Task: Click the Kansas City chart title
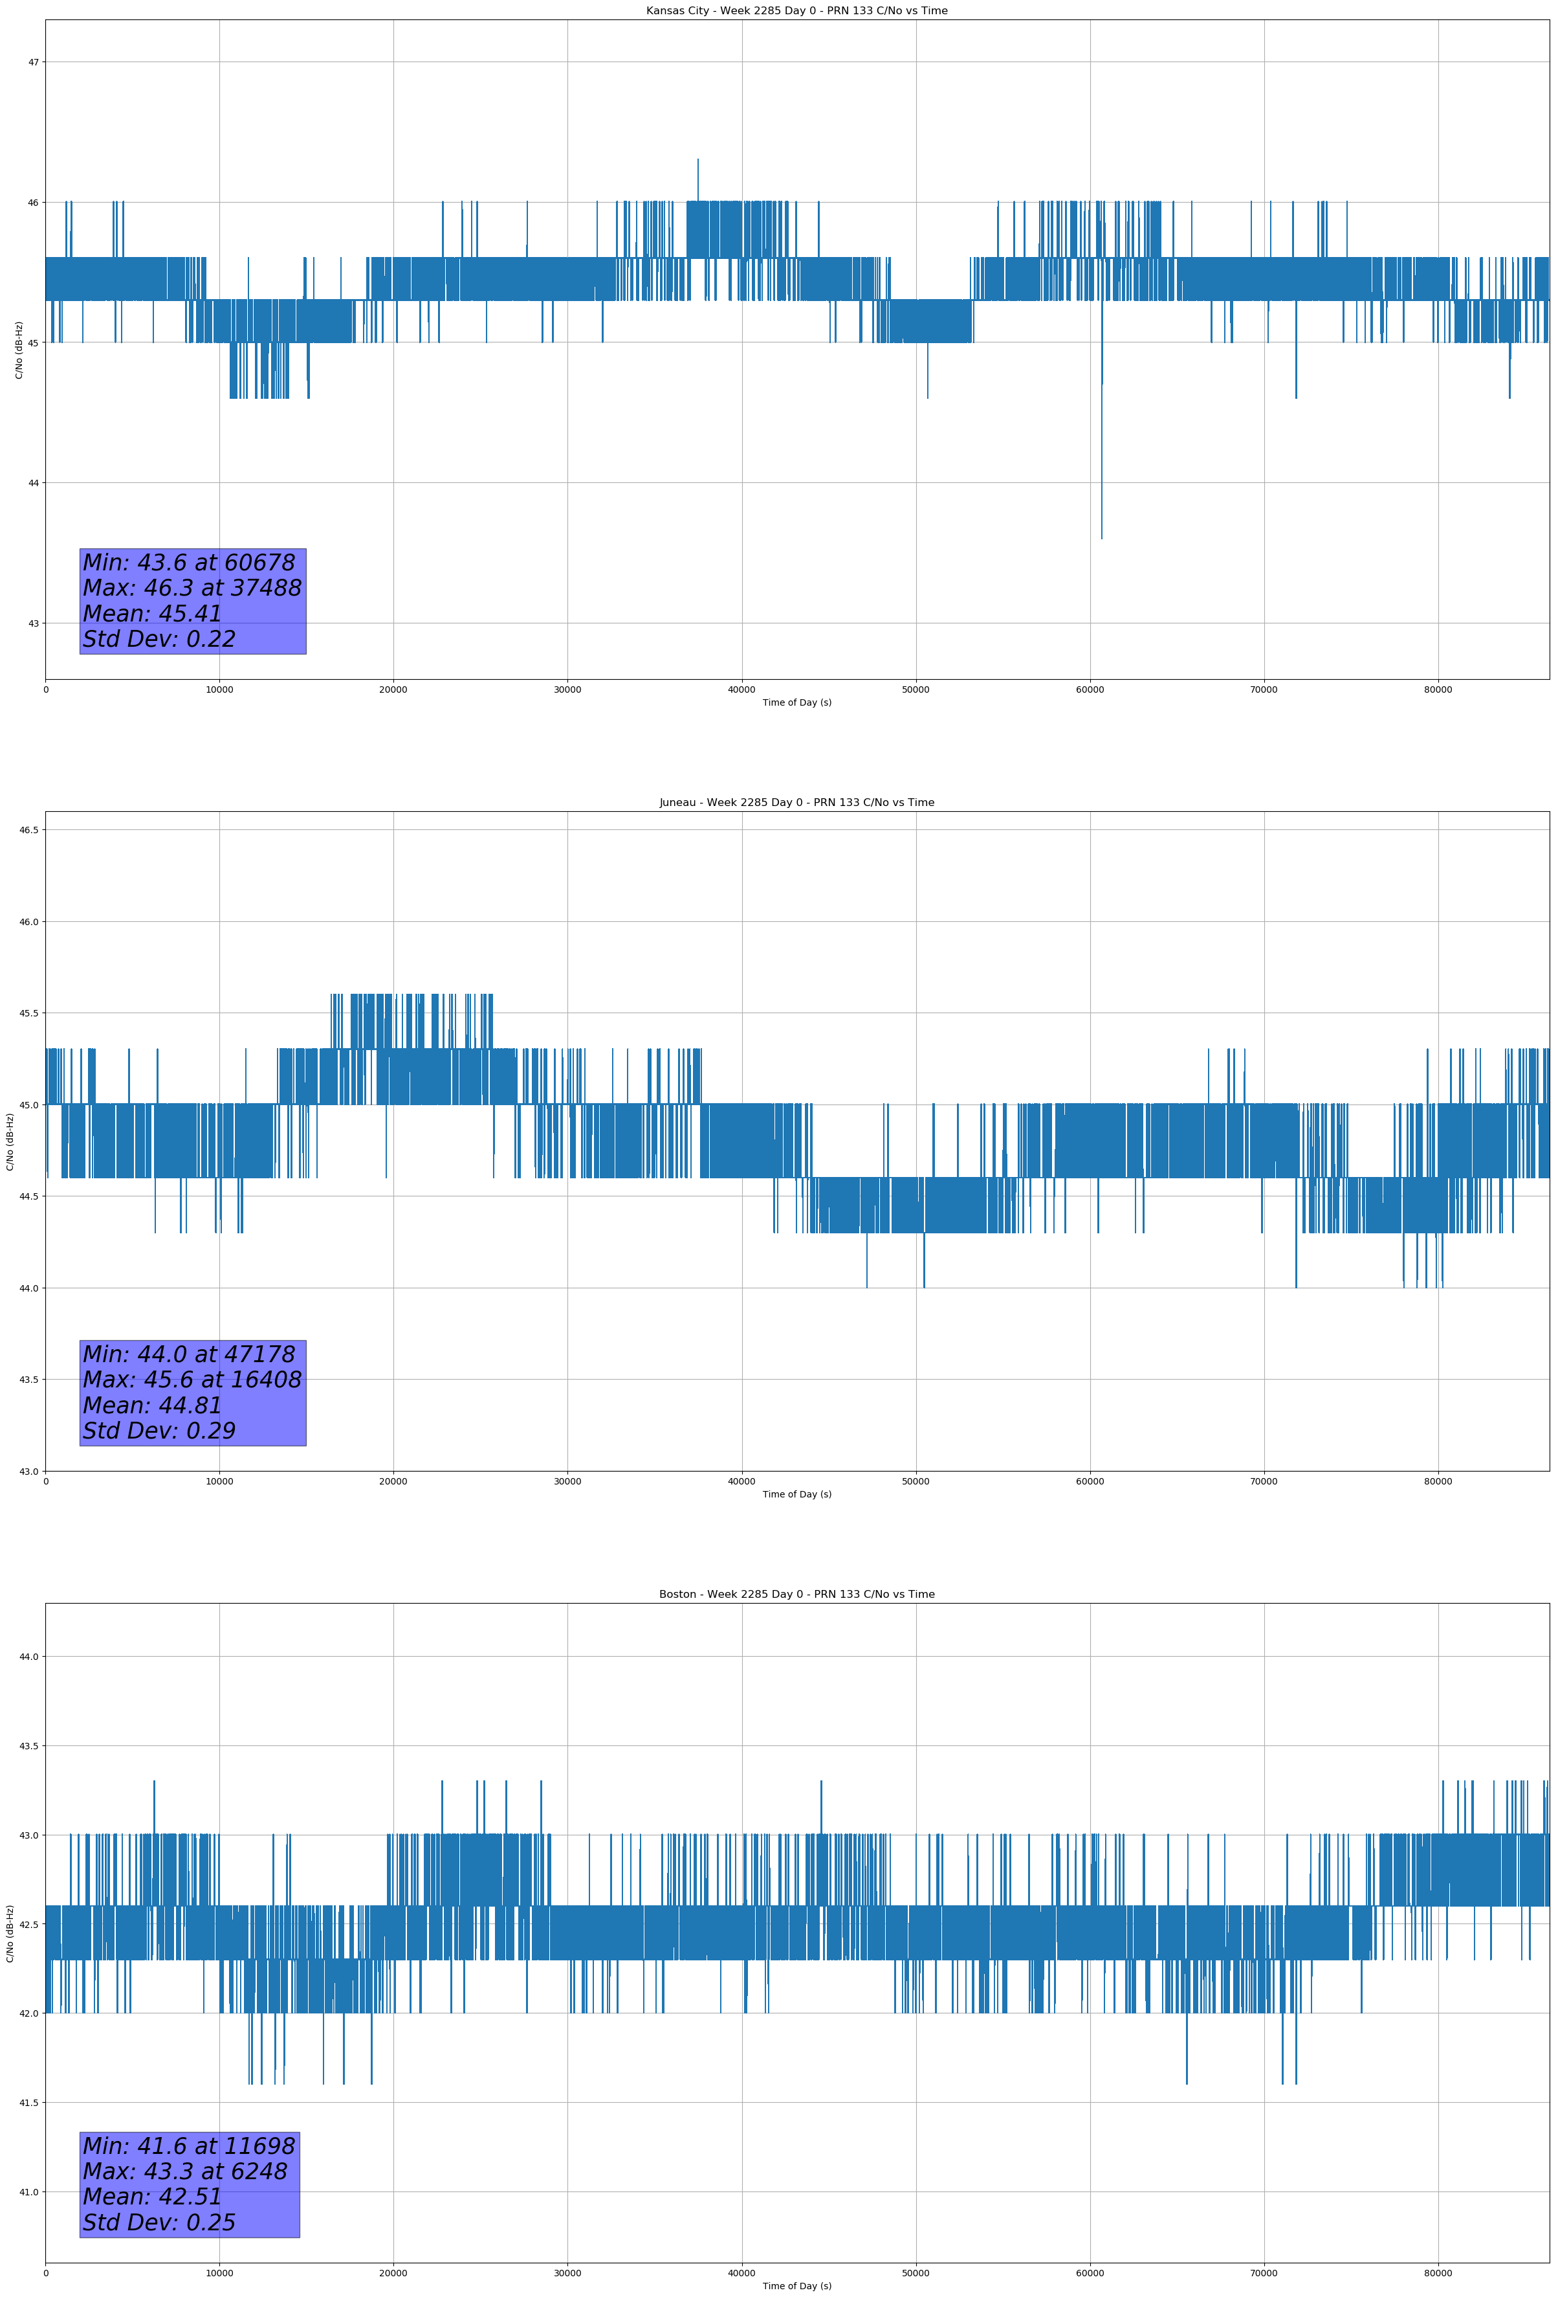[796, 11]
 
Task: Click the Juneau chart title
[796, 803]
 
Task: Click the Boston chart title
[796, 1595]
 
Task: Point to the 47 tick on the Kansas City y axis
[34, 62]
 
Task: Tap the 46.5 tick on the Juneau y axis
[28, 830]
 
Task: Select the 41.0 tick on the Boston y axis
[28, 2192]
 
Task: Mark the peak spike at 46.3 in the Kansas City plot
[697, 161]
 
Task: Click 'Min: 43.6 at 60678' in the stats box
[189, 563]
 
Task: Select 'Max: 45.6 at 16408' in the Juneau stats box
[192, 1380]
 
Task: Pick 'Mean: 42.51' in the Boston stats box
[152, 2196]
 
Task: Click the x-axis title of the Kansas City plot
[796, 702]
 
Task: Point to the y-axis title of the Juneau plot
[10, 1141]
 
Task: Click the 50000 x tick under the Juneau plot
[916, 1481]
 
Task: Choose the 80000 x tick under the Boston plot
[1438, 2273]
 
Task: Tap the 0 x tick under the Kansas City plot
[45, 690]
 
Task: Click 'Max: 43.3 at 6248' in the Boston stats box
[185, 2171]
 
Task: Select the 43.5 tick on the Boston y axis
[28, 1747]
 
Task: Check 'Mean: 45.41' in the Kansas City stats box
[152, 614]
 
